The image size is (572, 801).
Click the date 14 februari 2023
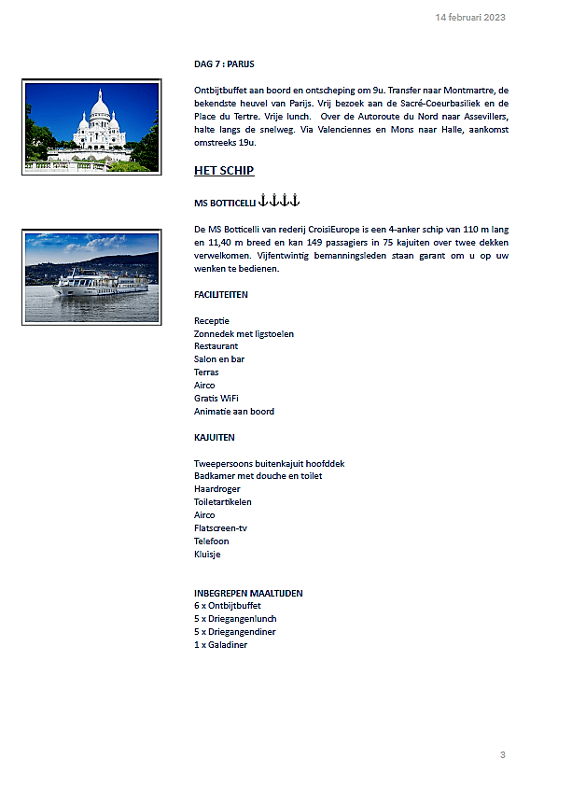470,18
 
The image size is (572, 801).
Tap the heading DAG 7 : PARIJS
224,63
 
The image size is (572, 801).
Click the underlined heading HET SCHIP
224,171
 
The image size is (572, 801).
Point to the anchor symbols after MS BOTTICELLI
278,201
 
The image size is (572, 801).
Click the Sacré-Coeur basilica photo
91,127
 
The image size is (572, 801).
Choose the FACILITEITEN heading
221,294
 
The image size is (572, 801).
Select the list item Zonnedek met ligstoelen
244,333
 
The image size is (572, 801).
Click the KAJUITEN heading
215,437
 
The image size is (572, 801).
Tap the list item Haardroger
217,488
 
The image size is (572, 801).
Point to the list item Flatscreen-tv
220,527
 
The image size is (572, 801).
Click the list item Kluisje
207,554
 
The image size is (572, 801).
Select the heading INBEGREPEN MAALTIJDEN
248,593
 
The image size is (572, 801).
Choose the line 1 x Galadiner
220,644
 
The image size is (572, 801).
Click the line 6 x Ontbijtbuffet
227,605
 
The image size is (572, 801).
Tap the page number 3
502,754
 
